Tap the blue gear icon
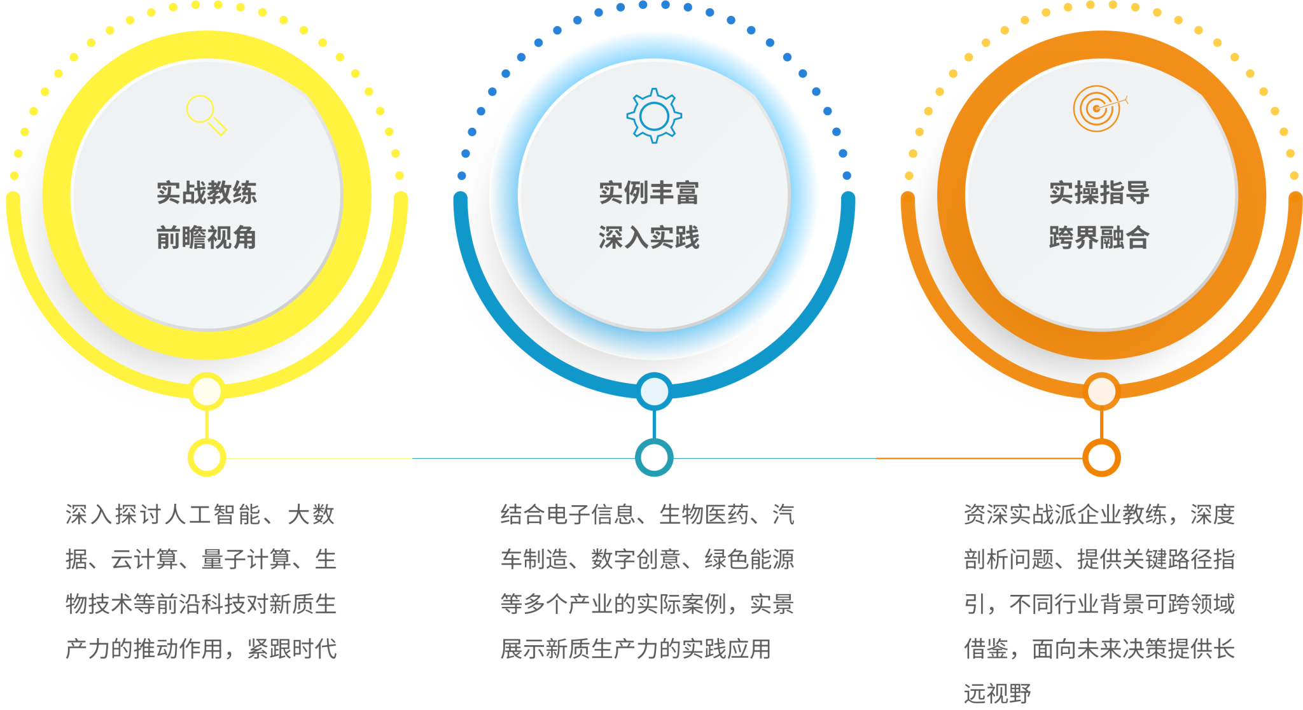(654, 116)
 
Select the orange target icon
(1098, 108)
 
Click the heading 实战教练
(207, 193)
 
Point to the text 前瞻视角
(207, 238)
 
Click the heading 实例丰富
(649, 193)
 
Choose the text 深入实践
(649, 238)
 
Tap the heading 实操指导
(1099, 193)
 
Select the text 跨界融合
(1099, 238)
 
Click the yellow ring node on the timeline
(207, 457)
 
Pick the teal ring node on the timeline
(654, 457)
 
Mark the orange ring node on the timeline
(1101, 457)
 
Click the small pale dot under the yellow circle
(207, 391)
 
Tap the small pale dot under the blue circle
(654, 391)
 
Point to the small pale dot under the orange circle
(1101, 391)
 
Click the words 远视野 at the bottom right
(997, 693)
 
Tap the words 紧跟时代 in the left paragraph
(292, 649)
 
